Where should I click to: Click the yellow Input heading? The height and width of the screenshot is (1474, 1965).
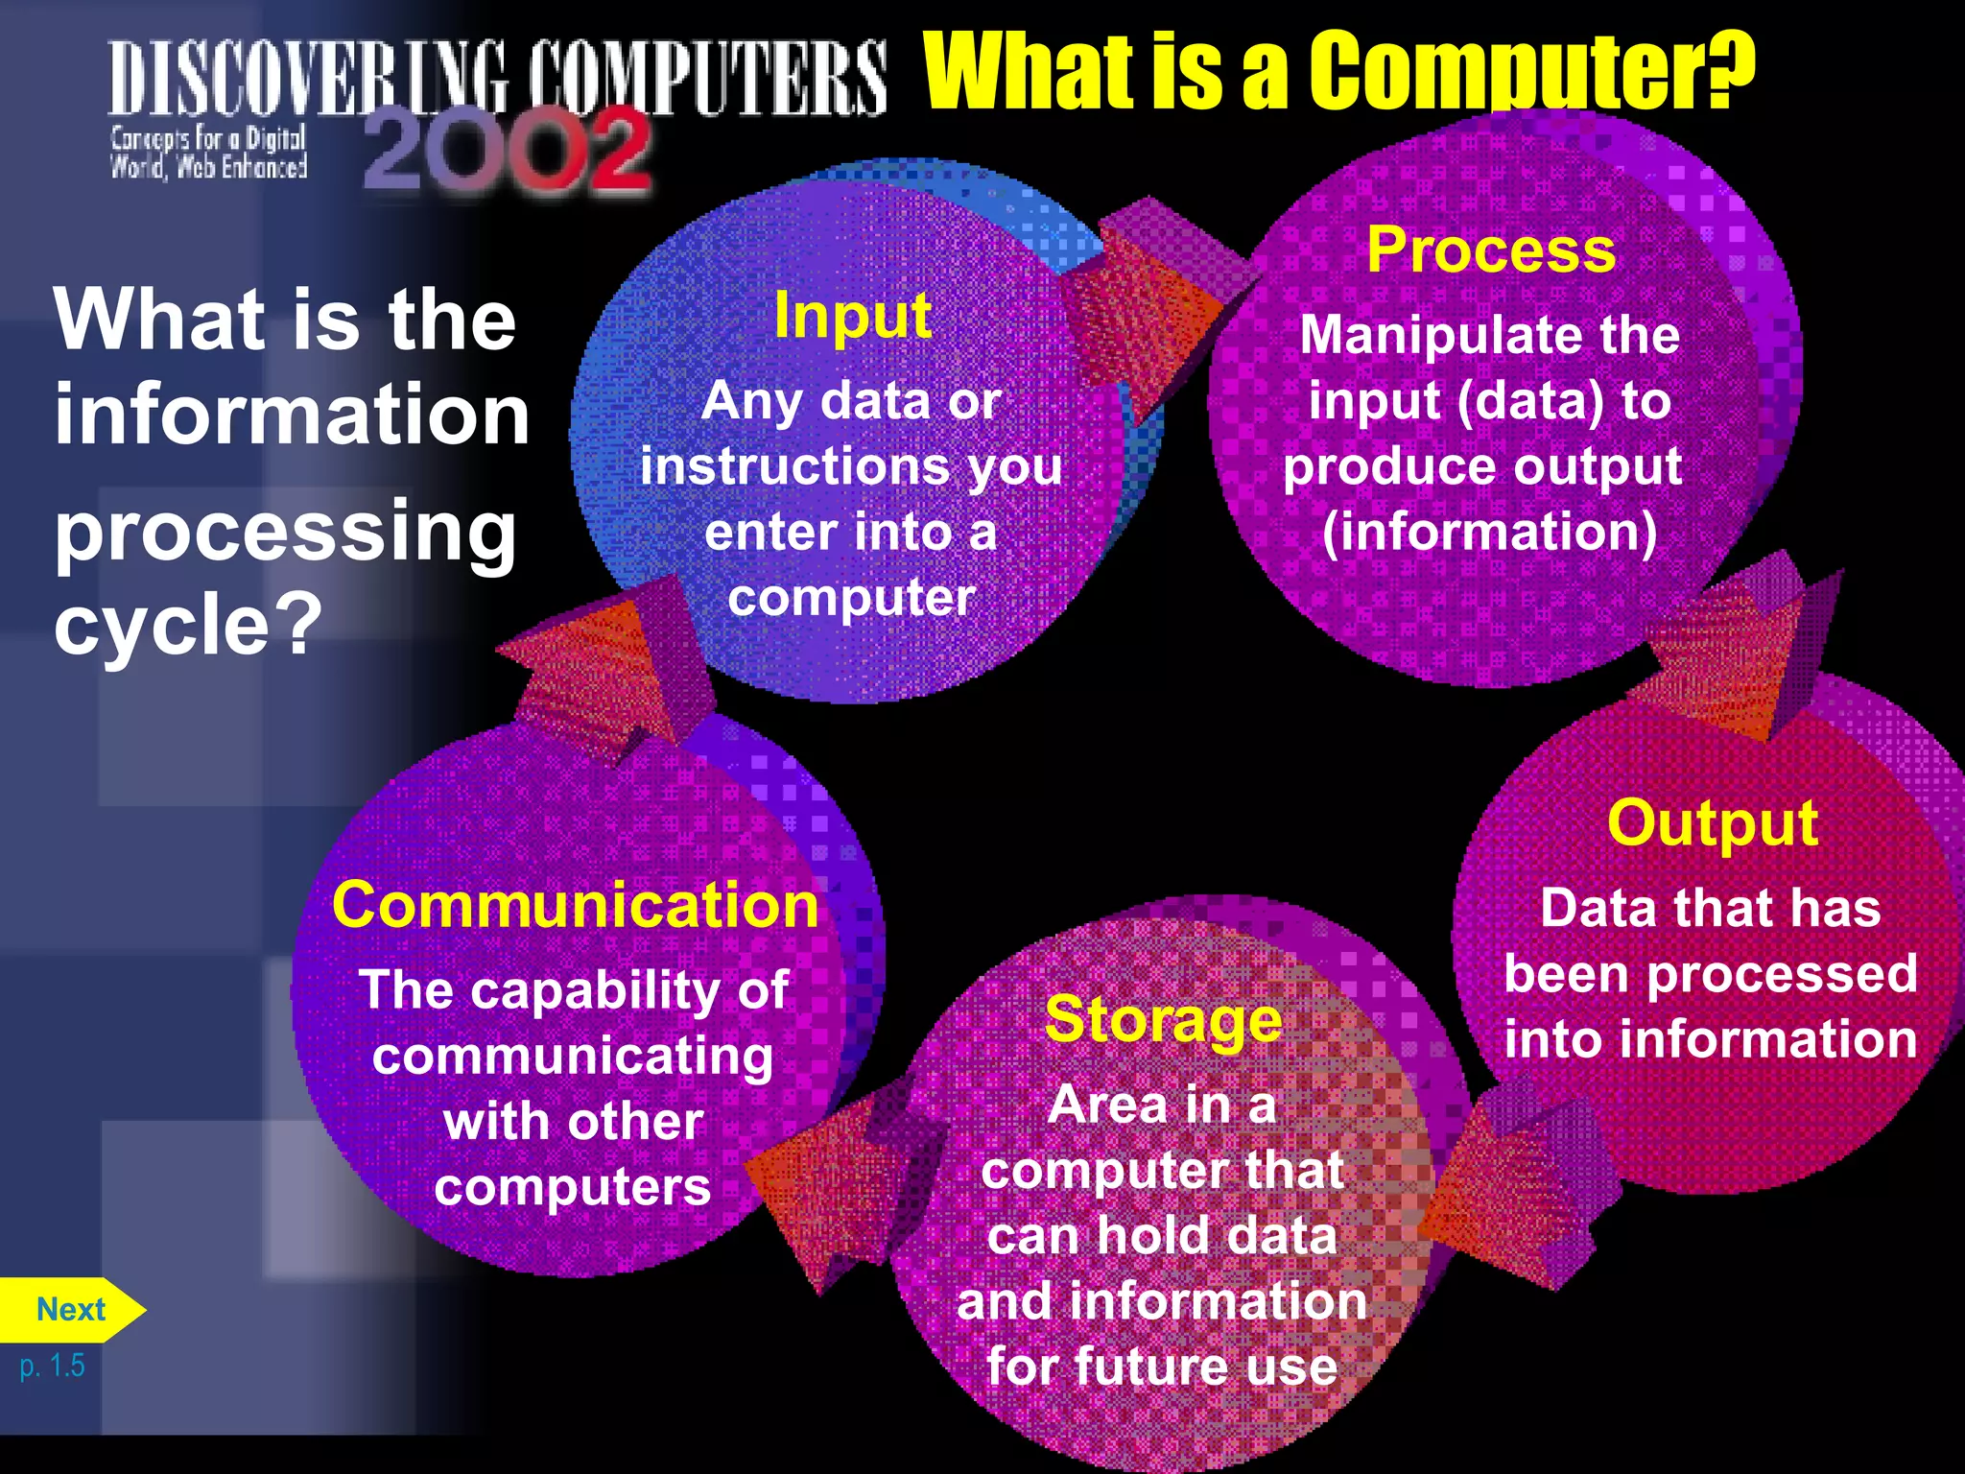pos(852,316)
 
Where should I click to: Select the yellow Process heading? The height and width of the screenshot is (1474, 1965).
pos(1491,250)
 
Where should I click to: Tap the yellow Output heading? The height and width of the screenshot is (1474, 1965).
pos(1712,823)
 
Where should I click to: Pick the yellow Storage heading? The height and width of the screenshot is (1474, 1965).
pos(1163,1019)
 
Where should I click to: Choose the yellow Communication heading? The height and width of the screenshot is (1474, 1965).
pos(575,905)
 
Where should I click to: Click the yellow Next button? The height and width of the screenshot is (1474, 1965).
pos(70,1310)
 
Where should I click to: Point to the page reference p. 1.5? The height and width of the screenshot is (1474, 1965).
pos(52,1366)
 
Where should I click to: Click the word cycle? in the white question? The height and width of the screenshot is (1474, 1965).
pos(188,624)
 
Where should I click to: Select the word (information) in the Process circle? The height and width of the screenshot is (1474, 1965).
pos(1489,533)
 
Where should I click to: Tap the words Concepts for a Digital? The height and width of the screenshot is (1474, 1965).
pos(207,139)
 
